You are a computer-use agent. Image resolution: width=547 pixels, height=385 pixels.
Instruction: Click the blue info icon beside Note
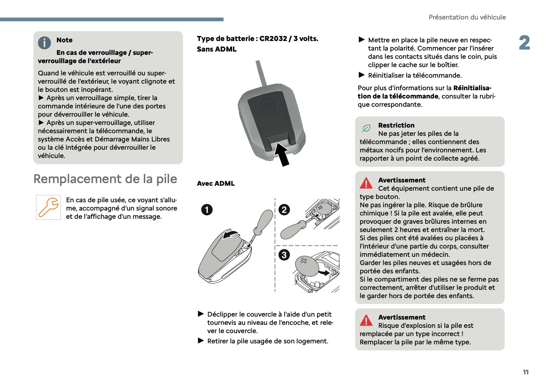point(44,43)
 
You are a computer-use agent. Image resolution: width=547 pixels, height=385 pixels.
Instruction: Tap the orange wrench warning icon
point(48,207)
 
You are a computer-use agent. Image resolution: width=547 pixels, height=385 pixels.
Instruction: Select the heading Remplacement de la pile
point(105,179)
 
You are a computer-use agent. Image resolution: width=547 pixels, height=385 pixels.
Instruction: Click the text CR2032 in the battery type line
point(273,39)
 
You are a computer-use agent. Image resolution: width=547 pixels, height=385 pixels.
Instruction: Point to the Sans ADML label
point(217,49)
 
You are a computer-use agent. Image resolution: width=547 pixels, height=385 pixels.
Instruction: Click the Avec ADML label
point(216,183)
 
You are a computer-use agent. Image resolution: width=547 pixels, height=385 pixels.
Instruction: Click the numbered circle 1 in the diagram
point(207,210)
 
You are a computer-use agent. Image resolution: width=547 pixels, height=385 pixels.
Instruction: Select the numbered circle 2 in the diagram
point(284,210)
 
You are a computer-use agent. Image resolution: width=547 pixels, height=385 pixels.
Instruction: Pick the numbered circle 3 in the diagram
point(284,255)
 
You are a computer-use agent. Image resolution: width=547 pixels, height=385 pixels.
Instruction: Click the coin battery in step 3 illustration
point(306,265)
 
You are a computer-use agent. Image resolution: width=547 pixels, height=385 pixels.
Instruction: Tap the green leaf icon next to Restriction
point(366,128)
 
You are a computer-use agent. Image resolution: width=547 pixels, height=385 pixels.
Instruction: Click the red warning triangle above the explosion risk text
point(366,320)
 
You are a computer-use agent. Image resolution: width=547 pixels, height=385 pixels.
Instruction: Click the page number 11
point(525,372)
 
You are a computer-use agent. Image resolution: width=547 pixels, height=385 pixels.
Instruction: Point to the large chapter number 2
point(524,43)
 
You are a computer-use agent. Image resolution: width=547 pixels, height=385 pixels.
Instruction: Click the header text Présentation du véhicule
point(467,17)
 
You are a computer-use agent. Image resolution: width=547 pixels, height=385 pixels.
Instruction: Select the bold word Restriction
point(396,125)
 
